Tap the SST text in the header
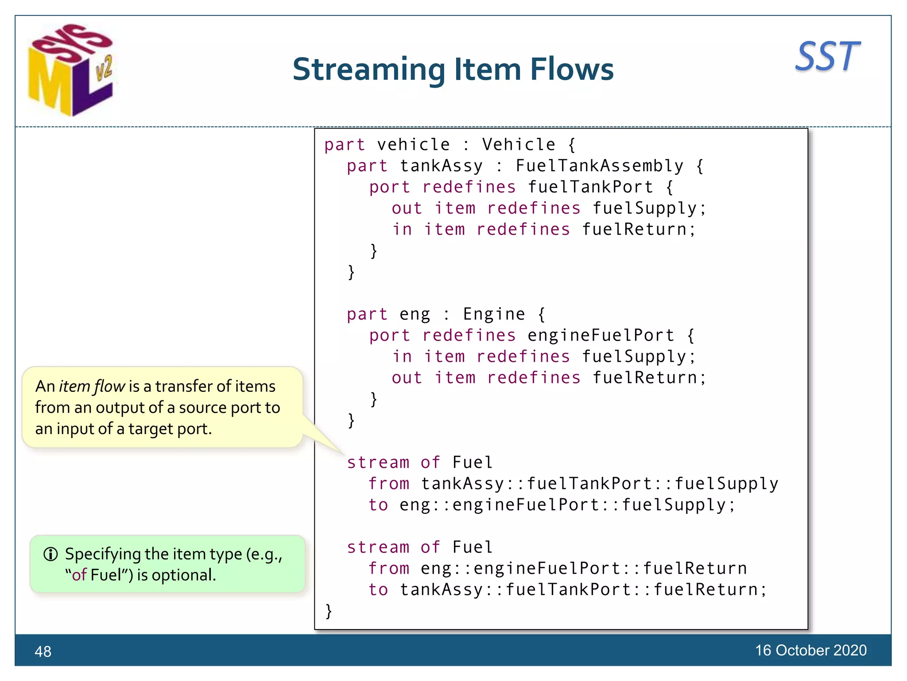tap(827, 57)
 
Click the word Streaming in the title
tap(368, 70)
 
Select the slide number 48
tap(43, 651)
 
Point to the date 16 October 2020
tap(810, 650)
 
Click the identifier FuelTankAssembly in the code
tap(599, 166)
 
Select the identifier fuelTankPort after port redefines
tap(590, 187)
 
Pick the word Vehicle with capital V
tap(519, 145)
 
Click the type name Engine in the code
tap(494, 314)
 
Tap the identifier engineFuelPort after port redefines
tap(601, 336)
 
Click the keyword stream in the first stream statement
tap(378, 462)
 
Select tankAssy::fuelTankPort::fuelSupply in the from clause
tap(599, 484)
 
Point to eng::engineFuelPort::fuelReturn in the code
tap(583, 568)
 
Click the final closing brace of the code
tap(328, 611)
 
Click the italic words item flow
tap(92, 387)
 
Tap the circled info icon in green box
tap(50, 554)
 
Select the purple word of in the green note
tap(79, 575)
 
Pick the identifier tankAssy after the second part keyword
tap(441, 166)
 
